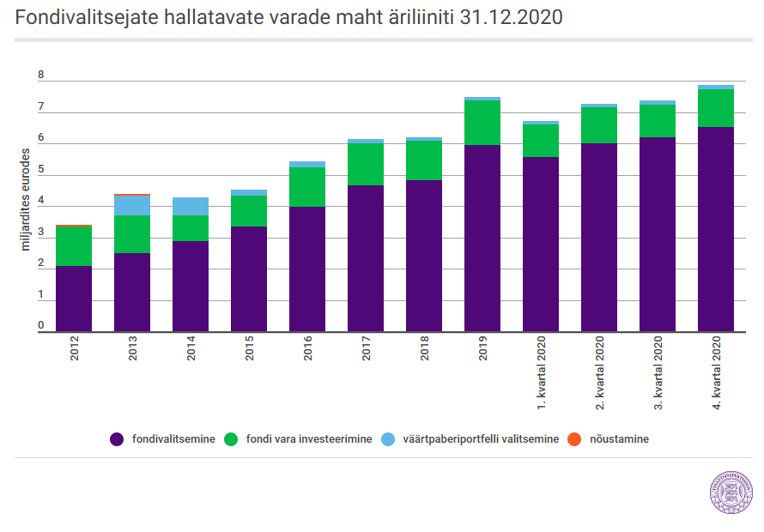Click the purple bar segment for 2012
click(74, 299)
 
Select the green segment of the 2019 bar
click(482, 123)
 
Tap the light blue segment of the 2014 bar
click(191, 207)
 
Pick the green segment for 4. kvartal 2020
click(716, 108)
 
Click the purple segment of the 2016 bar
click(307, 269)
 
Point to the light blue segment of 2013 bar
click(132, 205)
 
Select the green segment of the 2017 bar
click(366, 164)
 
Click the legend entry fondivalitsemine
click(163, 439)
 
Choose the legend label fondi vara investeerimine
click(309, 439)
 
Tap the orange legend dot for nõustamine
click(574, 439)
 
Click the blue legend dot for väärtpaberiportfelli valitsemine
click(388, 439)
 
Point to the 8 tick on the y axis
click(41, 75)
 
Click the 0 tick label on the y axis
click(41, 325)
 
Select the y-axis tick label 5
click(41, 169)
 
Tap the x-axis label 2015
click(249, 348)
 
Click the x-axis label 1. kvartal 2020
click(541, 372)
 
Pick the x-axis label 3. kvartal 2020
click(658, 372)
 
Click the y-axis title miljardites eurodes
click(26, 200)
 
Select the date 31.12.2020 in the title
click(511, 17)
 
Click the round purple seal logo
click(731, 493)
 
